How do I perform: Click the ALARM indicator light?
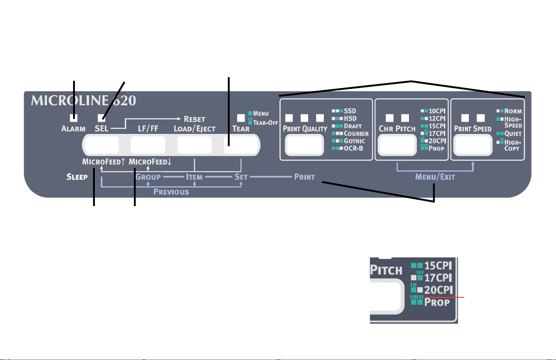(73, 118)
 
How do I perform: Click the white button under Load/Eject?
(194, 145)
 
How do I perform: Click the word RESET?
(195, 119)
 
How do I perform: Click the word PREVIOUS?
(171, 192)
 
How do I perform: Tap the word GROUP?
(148, 177)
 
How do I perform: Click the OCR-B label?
(354, 148)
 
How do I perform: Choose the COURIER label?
(356, 133)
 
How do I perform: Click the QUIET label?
(513, 133)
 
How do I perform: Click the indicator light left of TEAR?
(241, 118)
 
